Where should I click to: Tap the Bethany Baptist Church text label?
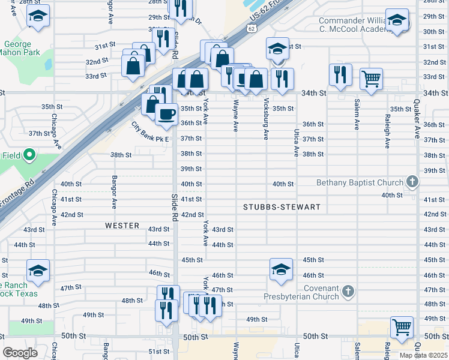360,182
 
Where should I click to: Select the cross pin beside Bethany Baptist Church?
412,181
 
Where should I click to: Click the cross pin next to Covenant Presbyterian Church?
348,292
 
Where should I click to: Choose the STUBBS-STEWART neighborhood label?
282,207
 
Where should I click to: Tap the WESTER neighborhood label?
122,226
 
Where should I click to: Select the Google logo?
20,353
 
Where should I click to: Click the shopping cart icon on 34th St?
372,78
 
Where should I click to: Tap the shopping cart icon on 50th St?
402,326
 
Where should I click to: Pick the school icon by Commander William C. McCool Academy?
397,20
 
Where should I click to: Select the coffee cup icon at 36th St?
166,113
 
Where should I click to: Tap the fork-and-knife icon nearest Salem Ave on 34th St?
340,74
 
